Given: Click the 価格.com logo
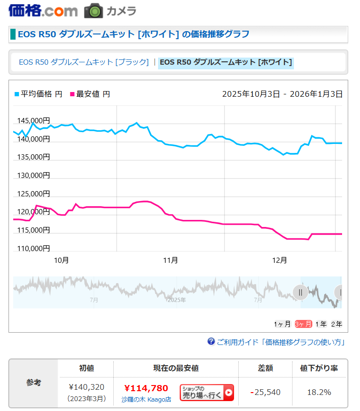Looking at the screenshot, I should click(x=43, y=10).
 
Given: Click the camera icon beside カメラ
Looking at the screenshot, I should click(x=93, y=11).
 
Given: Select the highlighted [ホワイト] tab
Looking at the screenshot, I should click(x=226, y=62).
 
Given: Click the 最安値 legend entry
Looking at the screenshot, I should click(x=90, y=94).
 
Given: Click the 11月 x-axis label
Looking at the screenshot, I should click(x=170, y=260).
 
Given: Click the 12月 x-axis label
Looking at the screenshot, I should click(x=280, y=260).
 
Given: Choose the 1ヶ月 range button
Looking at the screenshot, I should click(x=282, y=324).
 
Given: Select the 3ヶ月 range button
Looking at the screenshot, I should click(x=303, y=324).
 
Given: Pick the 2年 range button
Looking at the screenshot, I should click(x=336, y=324).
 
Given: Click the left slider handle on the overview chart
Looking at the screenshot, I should click(x=300, y=293).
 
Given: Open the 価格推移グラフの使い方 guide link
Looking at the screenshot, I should click(x=280, y=342).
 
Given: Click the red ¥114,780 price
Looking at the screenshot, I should click(x=146, y=388).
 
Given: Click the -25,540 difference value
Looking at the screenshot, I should click(x=265, y=392).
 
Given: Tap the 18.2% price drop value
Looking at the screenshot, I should click(x=319, y=392).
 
